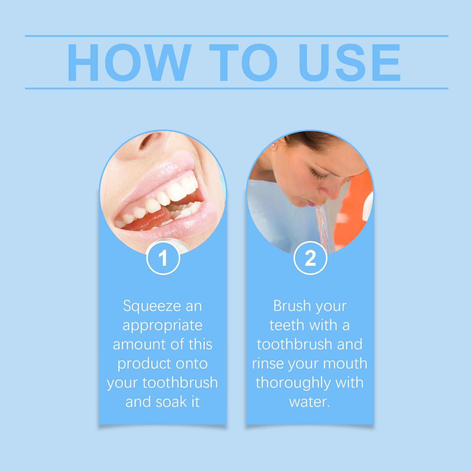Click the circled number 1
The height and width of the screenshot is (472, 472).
click(x=163, y=258)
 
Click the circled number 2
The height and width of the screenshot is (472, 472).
click(x=310, y=258)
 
